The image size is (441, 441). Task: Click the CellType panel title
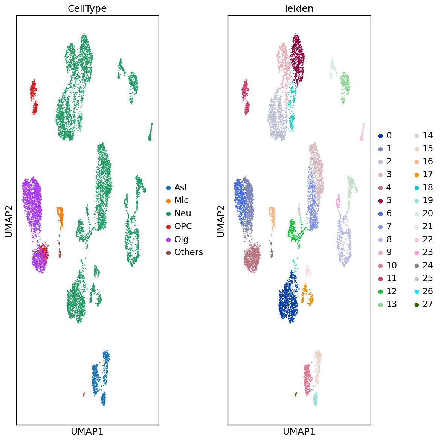(x=87, y=9)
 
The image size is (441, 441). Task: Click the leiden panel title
(x=299, y=9)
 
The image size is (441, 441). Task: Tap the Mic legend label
(x=181, y=200)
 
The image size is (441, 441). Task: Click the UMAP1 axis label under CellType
(x=87, y=431)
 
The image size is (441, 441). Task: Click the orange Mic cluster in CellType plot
(x=60, y=216)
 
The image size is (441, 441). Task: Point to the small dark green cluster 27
(x=296, y=394)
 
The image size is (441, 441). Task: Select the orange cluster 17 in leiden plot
(x=307, y=296)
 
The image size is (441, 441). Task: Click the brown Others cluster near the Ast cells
(x=84, y=394)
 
